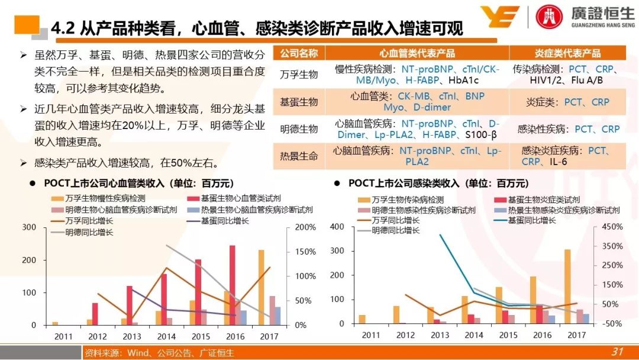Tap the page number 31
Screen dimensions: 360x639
pos(617,352)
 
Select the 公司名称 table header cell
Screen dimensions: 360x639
pos(299,53)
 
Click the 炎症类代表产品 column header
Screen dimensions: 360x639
pos(571,53)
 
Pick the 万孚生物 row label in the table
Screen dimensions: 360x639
pos(299,75)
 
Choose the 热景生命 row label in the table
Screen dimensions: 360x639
pos(299,156)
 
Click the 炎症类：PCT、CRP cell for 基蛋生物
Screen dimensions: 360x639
pos(567,102)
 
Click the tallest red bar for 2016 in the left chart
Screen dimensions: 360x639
pos(232,285)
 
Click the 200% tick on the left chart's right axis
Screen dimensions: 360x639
pos(305,227)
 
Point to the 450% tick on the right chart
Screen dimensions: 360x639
pos(612,227)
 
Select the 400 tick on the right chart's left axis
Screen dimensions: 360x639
pos(337,227)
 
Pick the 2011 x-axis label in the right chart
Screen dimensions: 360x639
pos(371,335)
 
